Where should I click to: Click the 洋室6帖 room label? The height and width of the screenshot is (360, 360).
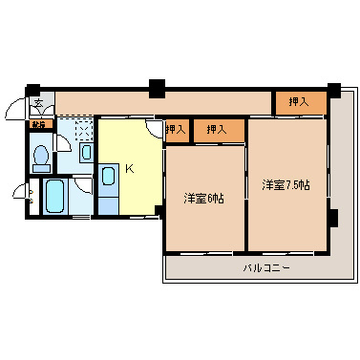coord(203,199)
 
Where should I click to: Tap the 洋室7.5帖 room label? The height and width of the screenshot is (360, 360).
coord(286,185)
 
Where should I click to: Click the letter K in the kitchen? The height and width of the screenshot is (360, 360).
coord(129,169)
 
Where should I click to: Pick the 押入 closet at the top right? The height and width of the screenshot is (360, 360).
coord(297,100)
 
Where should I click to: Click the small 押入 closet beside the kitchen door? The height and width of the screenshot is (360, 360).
coord(176,129)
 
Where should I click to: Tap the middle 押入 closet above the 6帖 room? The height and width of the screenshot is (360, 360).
coord(216,129)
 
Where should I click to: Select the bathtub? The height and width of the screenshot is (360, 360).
coord(54,198)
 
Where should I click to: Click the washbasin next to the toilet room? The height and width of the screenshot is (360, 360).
coord(86,151)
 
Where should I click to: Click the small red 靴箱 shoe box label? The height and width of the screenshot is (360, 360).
coord(39,124)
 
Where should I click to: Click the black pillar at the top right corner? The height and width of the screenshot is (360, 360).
coord(333,92)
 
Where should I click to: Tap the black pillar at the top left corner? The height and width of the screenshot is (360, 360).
coord(32,91)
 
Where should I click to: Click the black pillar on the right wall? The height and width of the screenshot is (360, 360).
coord(332,217)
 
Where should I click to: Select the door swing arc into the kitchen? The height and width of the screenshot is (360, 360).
coord(154,129)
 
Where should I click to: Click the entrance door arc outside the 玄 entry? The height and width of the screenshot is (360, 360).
coord(16,111)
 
